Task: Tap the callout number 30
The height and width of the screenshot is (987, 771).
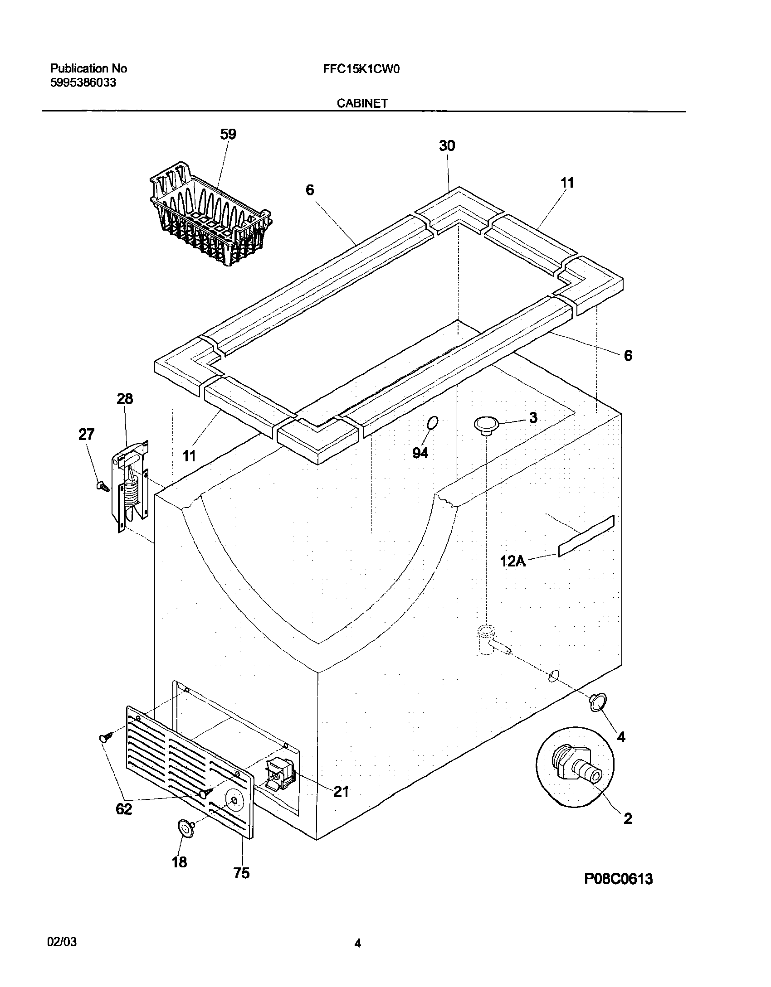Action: pyautogui.click(x=447, y=146)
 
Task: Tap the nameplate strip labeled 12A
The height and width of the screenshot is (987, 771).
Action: pyautogui.click(x=586, y=536)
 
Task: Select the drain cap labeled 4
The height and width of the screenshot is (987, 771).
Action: pyautogui.click(x=596, y=702)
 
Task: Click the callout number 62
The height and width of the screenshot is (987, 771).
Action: pyautogui.click(x=124, y=808)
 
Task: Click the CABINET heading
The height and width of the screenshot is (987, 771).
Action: pyautogui.click(x=362, y=103)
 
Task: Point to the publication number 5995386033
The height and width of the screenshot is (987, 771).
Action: pyautogui.click(x=83, y=83)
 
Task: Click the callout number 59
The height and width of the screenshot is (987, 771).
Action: pyautogui.click(x=228, y=135)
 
